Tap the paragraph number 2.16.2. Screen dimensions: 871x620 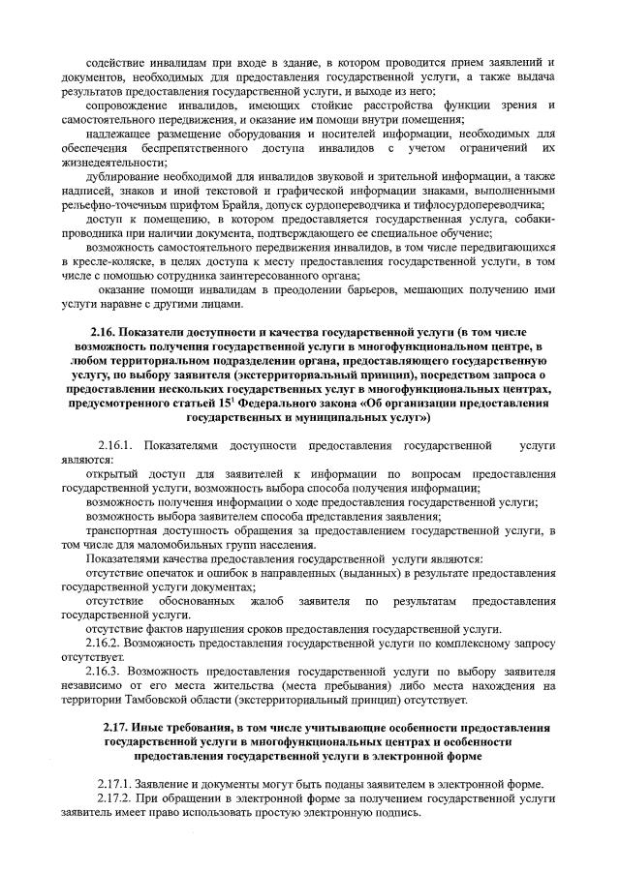[x=106, y=643]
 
